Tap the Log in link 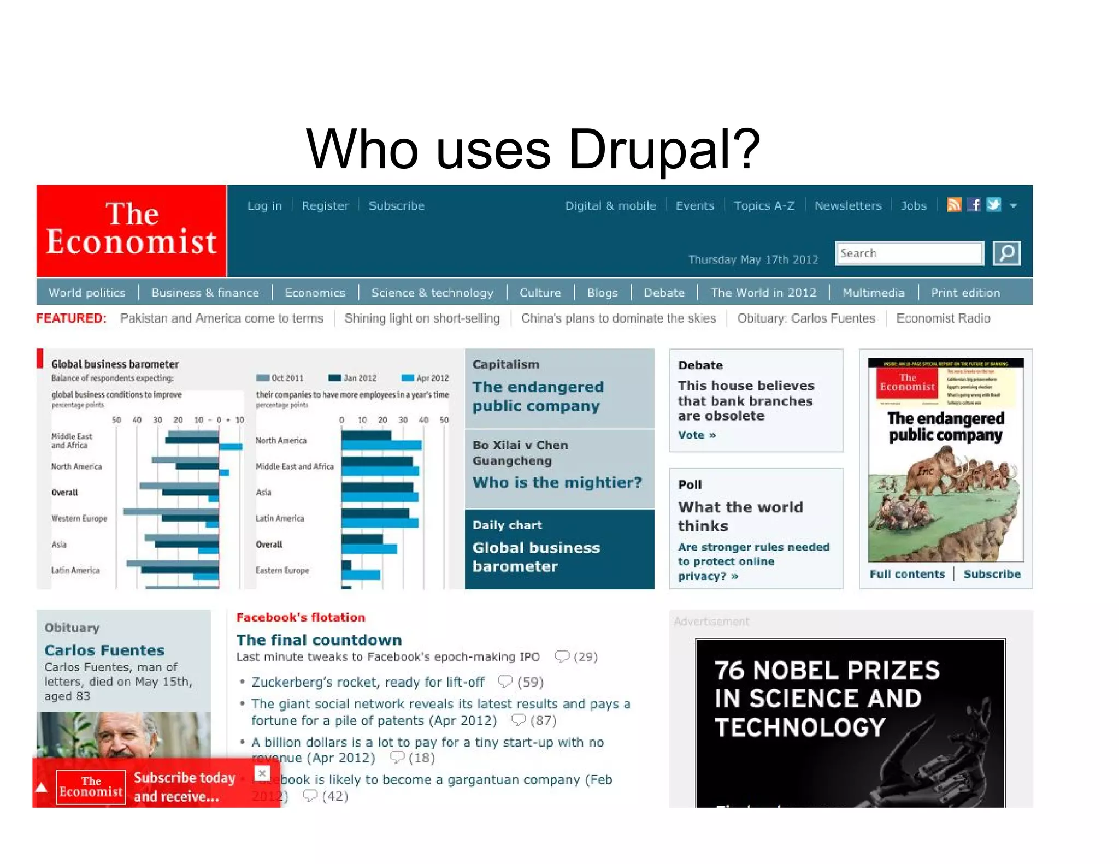[x=264, y=206]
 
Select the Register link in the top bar [x=325, y=206]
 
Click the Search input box [x=909, y=253]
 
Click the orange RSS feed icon [x=953, y=205]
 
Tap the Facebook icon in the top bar [x=974, y=205]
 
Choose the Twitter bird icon [x=994, y=205]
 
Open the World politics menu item [x=87, y=293]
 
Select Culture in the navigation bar [x=540, y=293]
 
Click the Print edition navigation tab [x=965, y=293]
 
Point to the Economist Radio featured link [x=943, y=318]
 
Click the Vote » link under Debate [x=697, y=435]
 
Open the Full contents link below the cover [x=907, y=574]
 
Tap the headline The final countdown [x=319, y=640]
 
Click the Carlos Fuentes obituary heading [x=104, y=650]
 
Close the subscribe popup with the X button [x=262, y=773]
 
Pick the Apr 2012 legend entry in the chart [x=426, y=378]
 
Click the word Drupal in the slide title [x=664, y=149]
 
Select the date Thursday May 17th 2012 [x=753, y=259]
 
